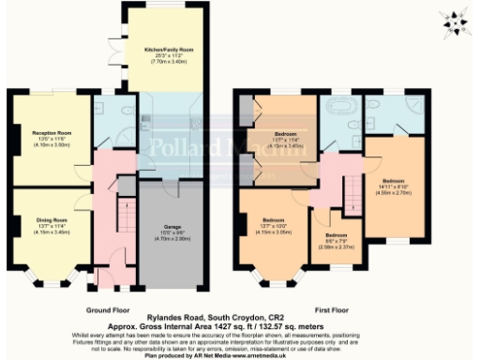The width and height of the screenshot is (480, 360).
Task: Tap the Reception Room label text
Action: coord(52,135)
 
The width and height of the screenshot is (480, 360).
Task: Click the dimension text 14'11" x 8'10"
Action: coord(393,186)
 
